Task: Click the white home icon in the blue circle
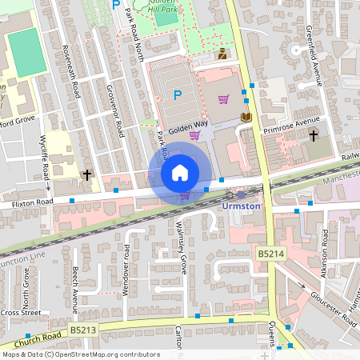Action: point(180,173)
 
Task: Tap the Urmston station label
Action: point(241,206)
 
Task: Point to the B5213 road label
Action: point(82,329)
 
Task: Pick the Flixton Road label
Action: point(31,204)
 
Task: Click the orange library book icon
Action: point(246,118)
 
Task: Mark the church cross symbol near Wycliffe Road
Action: point(86,174)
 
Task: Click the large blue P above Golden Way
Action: point(178,95)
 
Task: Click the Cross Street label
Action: point(20,312)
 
